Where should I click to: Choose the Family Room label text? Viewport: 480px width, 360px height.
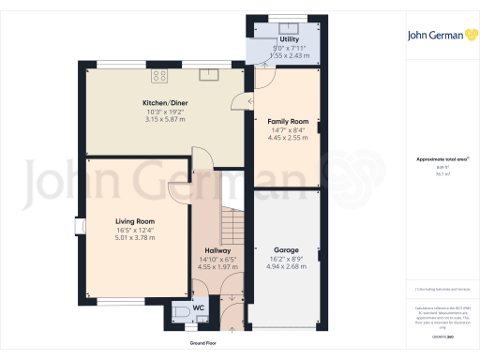289,122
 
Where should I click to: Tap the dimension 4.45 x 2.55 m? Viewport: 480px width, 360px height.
289,139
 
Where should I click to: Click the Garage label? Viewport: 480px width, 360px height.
286,250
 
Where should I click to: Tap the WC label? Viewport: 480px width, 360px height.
199,307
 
